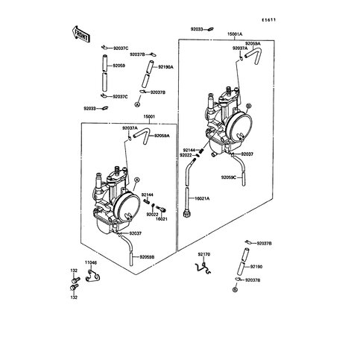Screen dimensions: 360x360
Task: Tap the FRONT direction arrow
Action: [x=80, y=33]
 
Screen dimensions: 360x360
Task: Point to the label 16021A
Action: [x=203, y=200]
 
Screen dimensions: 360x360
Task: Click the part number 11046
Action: [x=90, y=263]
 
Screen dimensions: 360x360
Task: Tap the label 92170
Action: [x=205, y=255]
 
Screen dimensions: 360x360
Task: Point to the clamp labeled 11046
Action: [x=92, y=279]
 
